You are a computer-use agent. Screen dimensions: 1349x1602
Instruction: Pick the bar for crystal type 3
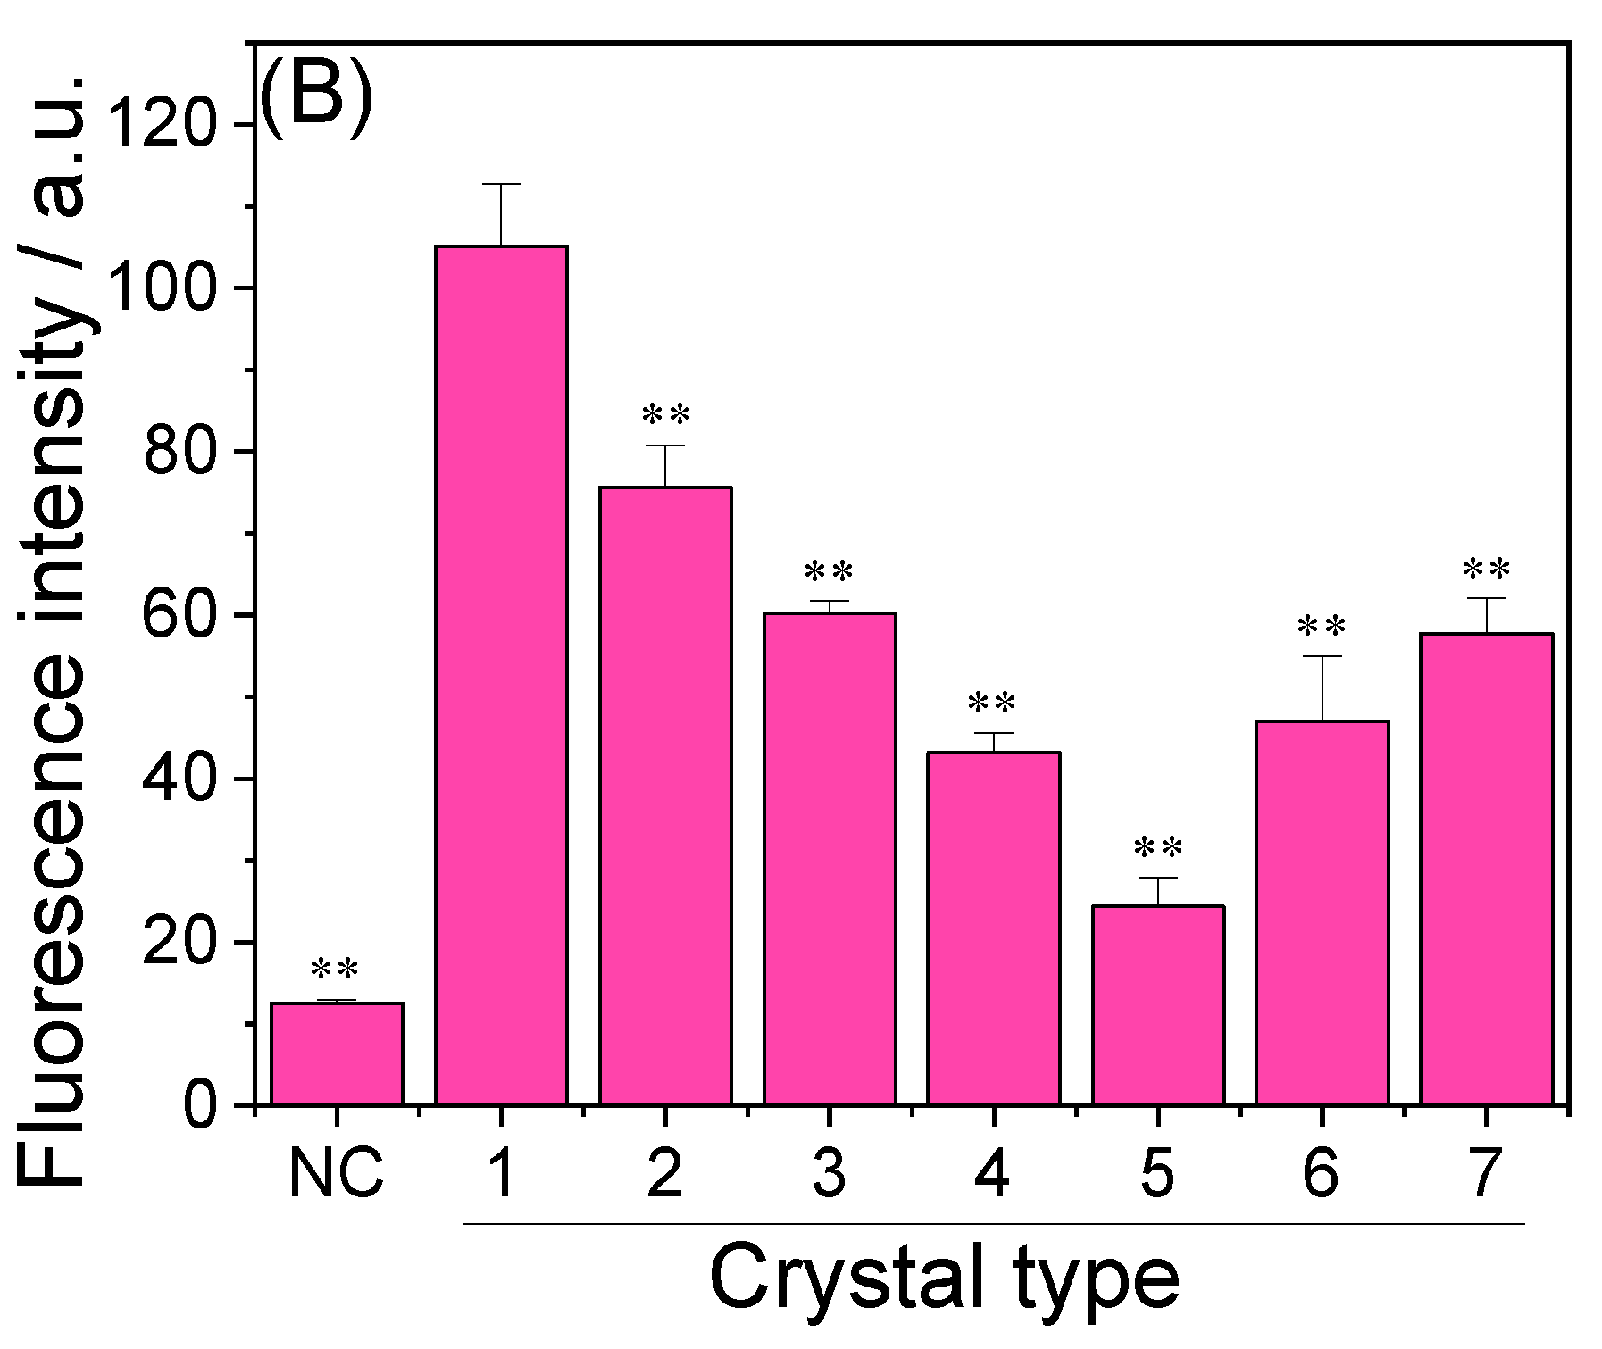click(830, 859)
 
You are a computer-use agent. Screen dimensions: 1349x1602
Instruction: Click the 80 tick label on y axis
click(179, 452)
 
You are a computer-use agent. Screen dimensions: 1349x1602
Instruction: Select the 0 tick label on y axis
click(200, 1106)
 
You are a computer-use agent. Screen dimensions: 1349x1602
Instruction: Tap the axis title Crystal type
click(944, 1279)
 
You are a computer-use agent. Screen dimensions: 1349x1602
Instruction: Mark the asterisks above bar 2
click(666, 416)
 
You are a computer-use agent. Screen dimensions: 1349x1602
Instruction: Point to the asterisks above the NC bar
click(335, 970)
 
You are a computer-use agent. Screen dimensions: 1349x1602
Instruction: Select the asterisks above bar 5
click(1158, 848)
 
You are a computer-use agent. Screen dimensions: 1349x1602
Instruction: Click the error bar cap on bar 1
click(501, 184)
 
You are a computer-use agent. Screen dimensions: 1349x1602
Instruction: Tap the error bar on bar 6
click(1321, 687)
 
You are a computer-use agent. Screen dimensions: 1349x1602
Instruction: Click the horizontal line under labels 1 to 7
click(993, 1223)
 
